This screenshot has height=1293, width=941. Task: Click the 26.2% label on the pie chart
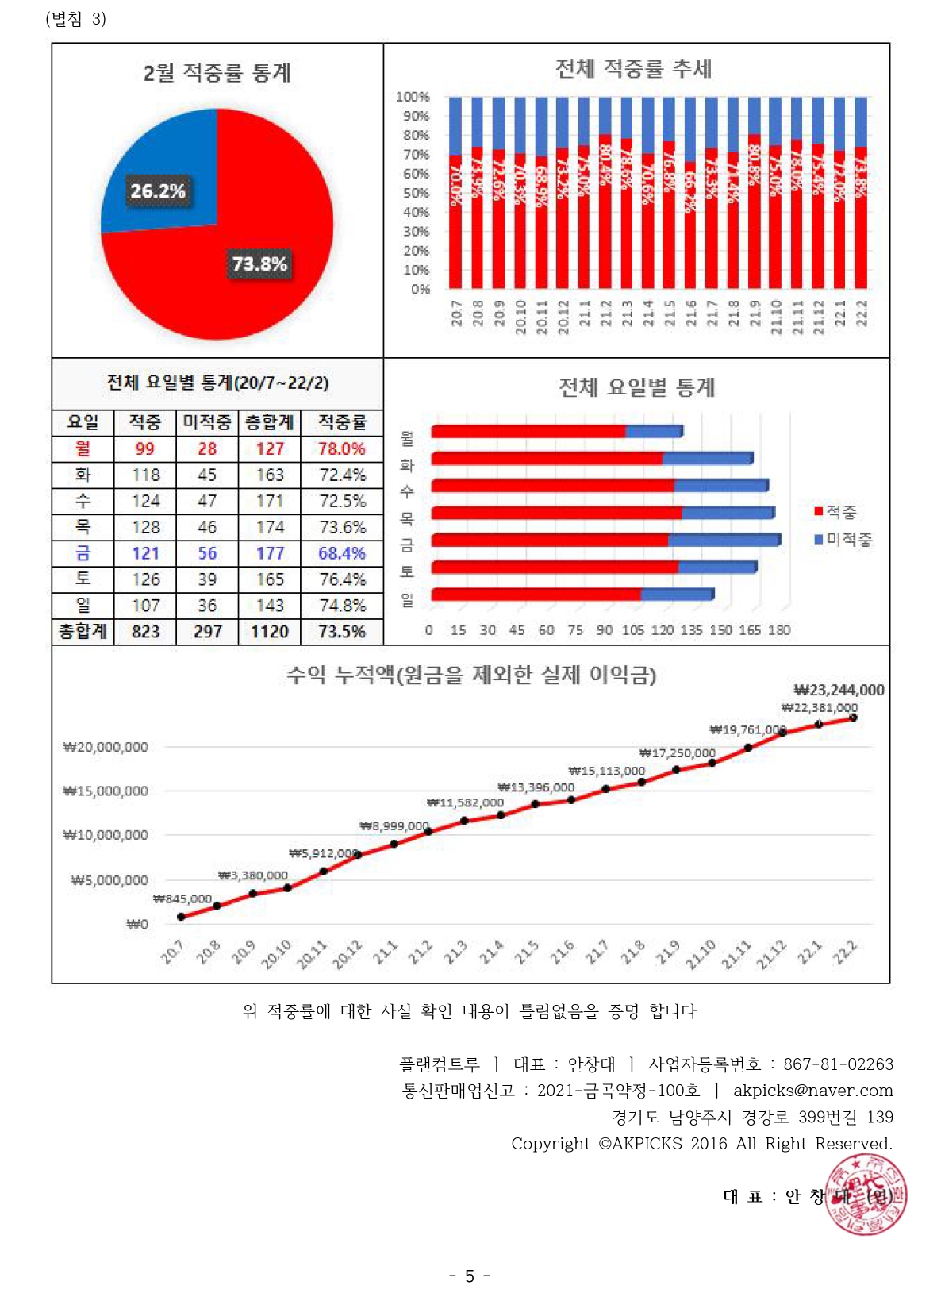(158, 191)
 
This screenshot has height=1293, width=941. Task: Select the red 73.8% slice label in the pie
(259, 264)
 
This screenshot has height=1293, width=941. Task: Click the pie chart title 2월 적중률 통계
(217, 73)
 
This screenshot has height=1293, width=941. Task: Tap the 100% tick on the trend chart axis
(413, 97)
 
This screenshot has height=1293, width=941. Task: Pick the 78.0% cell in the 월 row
(342, 448)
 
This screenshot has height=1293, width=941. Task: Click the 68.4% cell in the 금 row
(342, 553)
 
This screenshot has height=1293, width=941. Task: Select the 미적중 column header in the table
(207, 422)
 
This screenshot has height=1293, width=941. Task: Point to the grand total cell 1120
(270, 632)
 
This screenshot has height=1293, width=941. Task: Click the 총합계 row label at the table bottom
(83, 632)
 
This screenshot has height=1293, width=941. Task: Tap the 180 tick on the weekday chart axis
(779, 630)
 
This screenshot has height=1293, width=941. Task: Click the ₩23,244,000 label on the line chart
(839, 690)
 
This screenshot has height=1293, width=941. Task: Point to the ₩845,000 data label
(182, 899)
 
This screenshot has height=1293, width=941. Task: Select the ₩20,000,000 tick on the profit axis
(106, 747)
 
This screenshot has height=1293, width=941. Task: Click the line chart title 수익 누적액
(471, 675)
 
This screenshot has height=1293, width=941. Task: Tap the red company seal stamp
(866, 1195)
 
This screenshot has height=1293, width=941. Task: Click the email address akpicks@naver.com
(812, 1091)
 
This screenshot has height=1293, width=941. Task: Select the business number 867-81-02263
(838, 1064)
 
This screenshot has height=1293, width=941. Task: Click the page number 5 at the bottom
(470, 1276)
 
